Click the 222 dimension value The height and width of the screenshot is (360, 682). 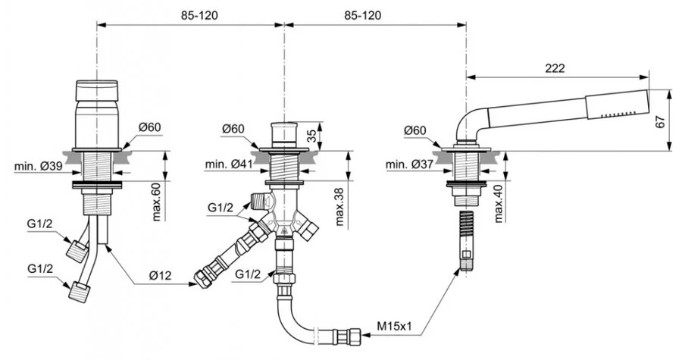555,67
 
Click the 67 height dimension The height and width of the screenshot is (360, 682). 661,122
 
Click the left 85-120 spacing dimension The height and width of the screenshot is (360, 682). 189,15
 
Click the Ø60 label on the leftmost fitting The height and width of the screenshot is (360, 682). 149,128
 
